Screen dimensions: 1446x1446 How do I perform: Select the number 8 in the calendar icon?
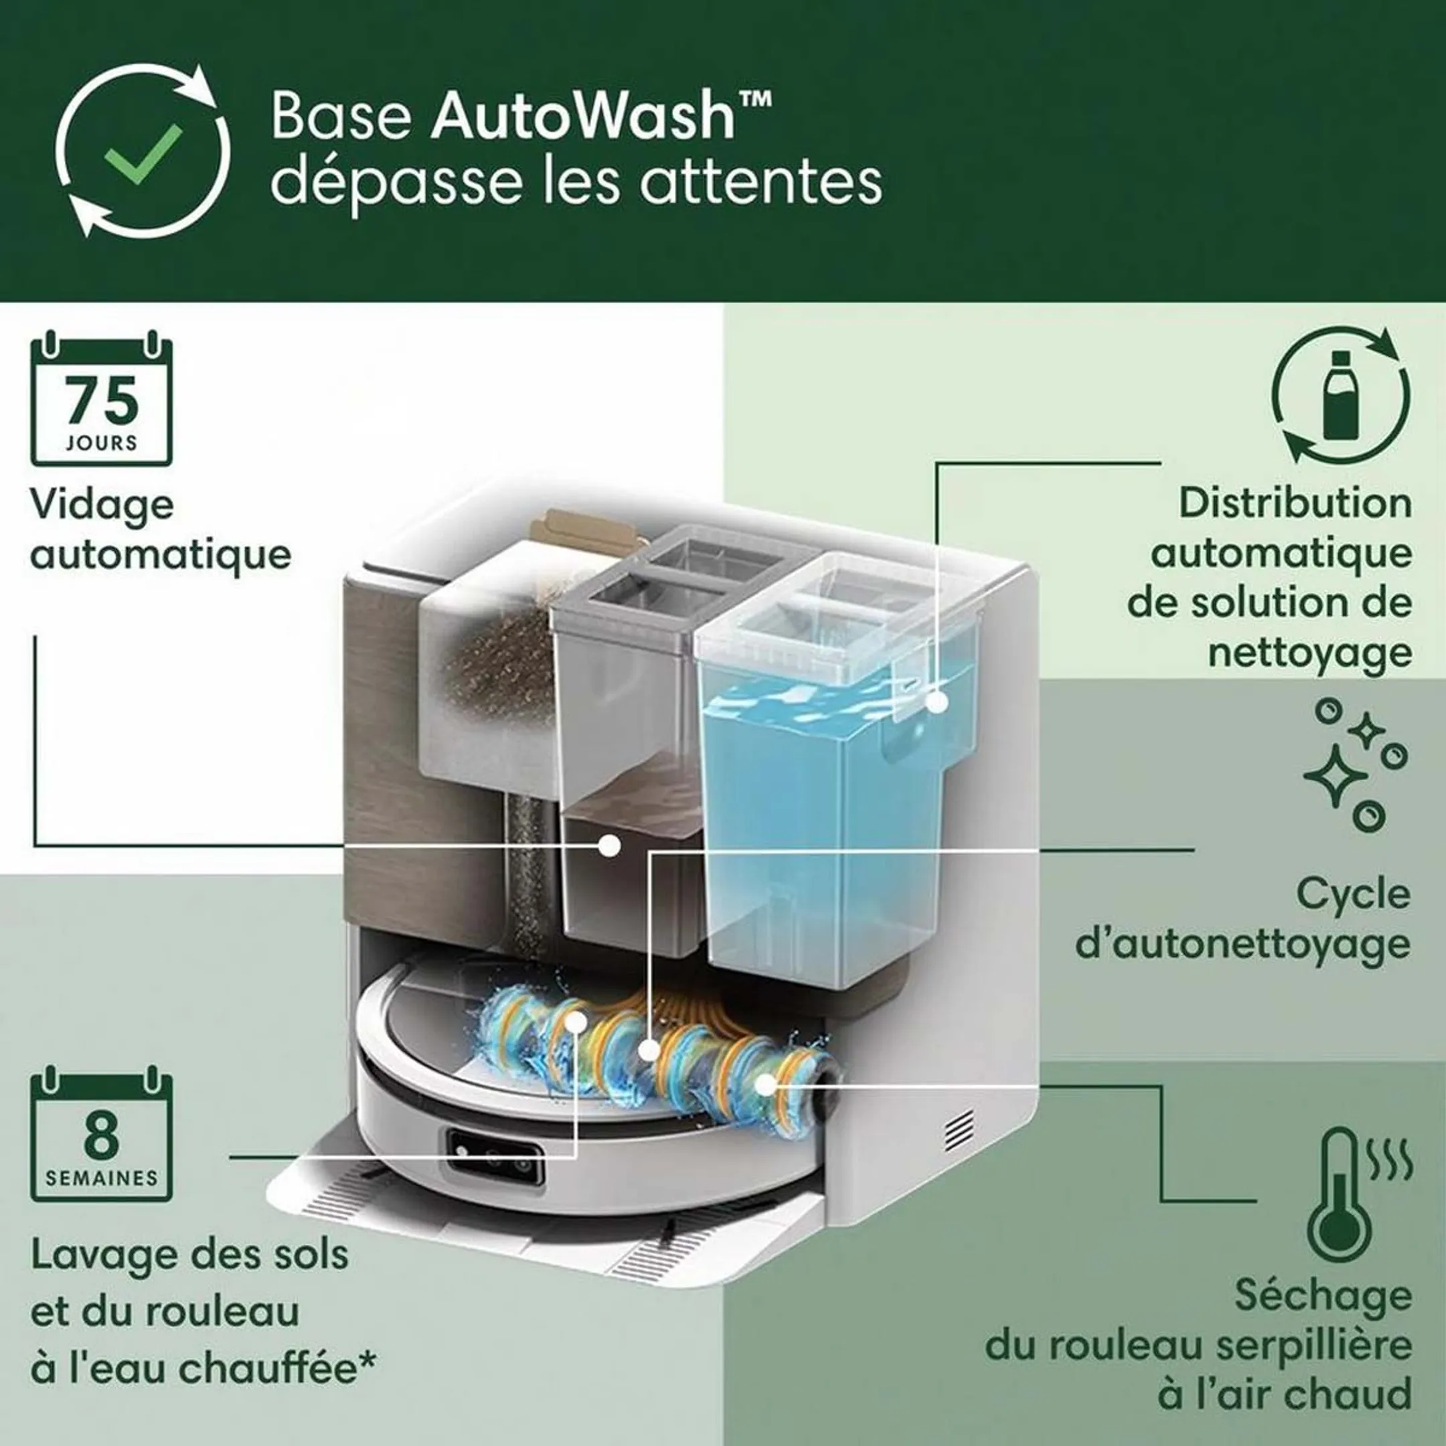tap(102, 1135)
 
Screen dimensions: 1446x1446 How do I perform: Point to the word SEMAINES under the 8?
tap(102, 1178)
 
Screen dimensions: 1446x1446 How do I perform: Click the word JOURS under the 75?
tap(102, 443)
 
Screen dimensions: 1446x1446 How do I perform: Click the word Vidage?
tap(102, 507)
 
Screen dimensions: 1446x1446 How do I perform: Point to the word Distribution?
tap(1295, 503)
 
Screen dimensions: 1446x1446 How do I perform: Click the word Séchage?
tap(1323, 1295)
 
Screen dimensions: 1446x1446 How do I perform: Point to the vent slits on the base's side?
tap(960, 1129)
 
